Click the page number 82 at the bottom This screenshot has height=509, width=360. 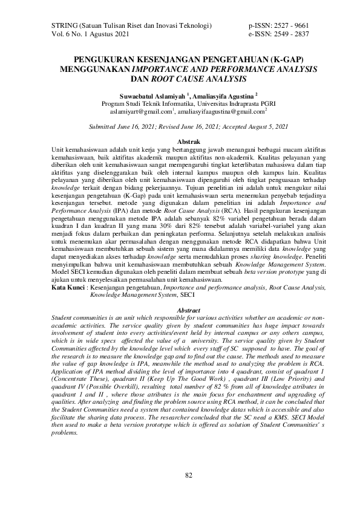(188, 475)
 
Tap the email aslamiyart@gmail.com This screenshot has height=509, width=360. (140, 112)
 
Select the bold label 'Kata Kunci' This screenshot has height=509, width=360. (68, 288)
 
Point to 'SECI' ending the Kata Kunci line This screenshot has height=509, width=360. (187, 296)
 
